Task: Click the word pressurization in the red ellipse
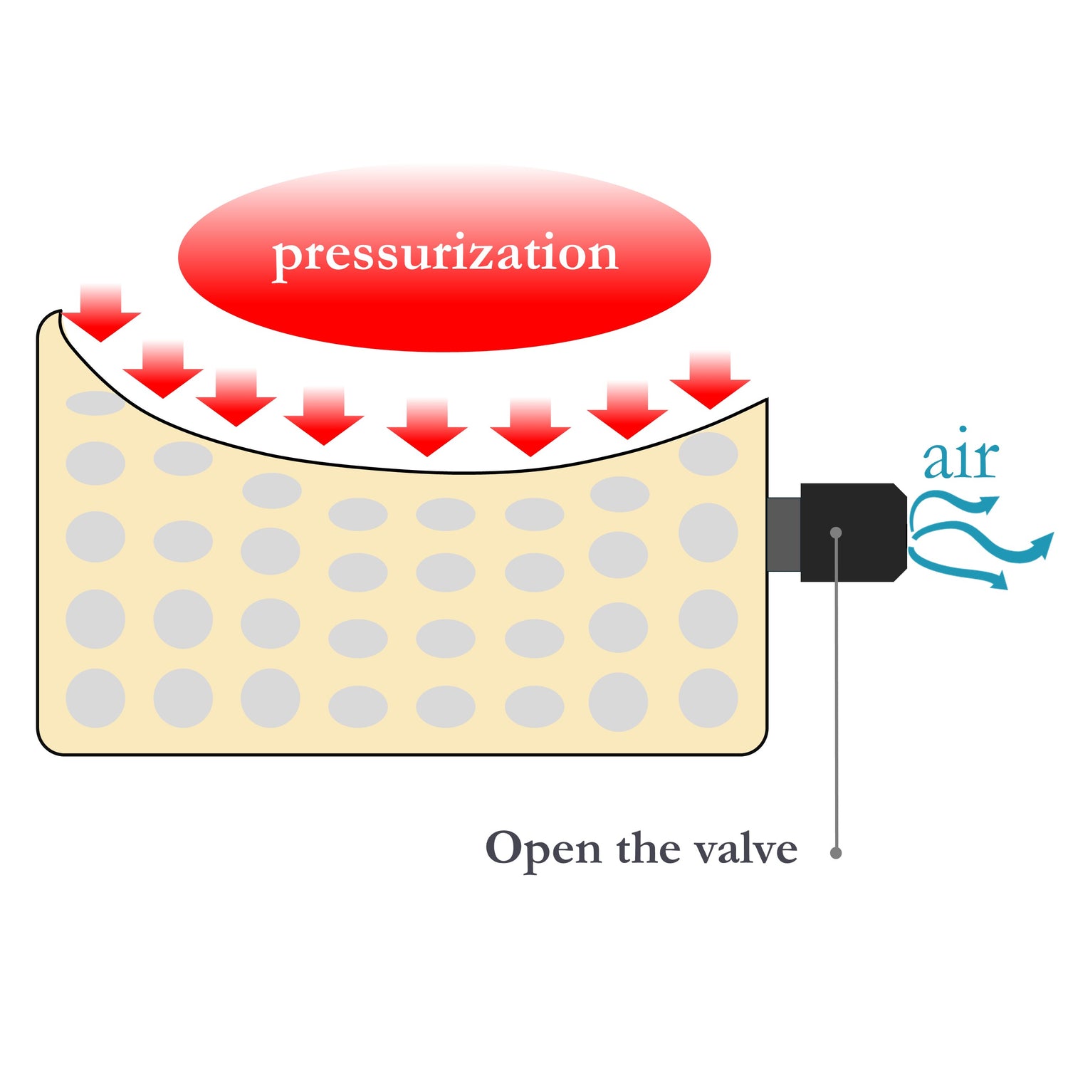(445, 254)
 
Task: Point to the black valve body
(854, 533)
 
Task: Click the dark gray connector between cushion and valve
(784, 533)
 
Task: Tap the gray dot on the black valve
(836, 533)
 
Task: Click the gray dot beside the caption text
(837, 852)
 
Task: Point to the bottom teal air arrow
(958, 570)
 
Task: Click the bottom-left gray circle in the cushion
(95, 698)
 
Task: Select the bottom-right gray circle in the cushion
(708, 698)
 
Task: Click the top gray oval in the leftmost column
(95, 403)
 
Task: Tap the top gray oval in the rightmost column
(708, 454)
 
